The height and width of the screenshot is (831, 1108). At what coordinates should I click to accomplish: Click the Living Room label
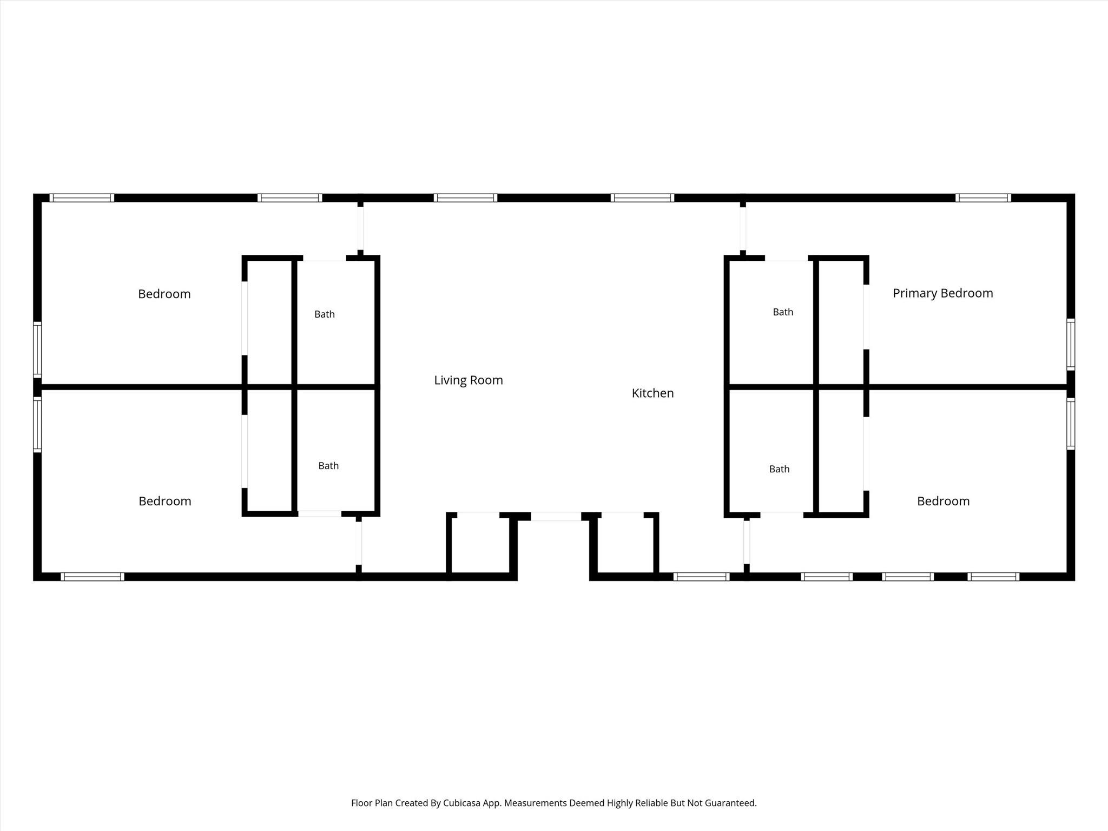pyautogui.click(x=469, y=380)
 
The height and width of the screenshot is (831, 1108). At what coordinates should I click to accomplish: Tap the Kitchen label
pyautogui.click(x=652, y=393)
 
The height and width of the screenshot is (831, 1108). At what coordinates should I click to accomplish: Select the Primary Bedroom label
pyautogui.click(x=942, y=293)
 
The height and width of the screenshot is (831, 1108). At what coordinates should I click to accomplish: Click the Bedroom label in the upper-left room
pyautogui.click(x=164, y=294)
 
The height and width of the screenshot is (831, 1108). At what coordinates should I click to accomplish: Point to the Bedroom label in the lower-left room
pyautogui.click(x=165, y=501)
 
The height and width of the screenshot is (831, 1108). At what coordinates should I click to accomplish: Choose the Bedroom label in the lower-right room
pyautogui.click(x=943, y=501)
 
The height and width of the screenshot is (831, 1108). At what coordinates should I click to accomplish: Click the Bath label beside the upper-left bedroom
pyautogui.click(x=325, y=314)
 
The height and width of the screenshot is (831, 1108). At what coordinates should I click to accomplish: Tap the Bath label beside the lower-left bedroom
pyautogui.click(x=328, y=466)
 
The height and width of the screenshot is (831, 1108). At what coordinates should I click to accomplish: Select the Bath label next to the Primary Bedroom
pyautogui.click(x=783, y=312)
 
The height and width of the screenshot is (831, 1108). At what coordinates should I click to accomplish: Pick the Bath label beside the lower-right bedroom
pyautogui.click(x=779, y=469)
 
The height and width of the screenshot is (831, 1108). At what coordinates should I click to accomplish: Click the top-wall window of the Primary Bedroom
pyautogui.click(x=983, y=198)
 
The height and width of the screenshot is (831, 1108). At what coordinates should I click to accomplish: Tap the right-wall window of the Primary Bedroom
pyautogui.click(x=1071, y=345)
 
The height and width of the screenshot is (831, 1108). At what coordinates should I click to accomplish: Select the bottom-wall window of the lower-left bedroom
pyautogui.click(x=93, y=577)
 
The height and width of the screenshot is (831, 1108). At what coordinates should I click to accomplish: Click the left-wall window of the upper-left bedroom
pyautogui.click(x=37, y=349)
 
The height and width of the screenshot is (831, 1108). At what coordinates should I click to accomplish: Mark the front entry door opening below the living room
pyautogui.click(x=556, y=517)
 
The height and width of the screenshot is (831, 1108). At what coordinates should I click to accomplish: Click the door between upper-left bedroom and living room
pyautogui.click(x=360, y=229)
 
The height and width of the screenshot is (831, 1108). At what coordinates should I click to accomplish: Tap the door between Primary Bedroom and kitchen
pyautogui.click(x=743, y=229)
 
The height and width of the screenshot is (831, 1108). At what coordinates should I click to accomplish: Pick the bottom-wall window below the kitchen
pyautogui.click(x=701, y=577)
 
